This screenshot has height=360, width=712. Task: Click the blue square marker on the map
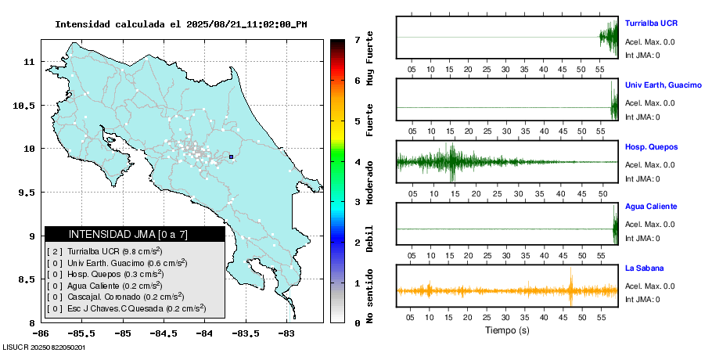click(232, 157)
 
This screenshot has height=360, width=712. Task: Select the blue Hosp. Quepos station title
click(651, 146)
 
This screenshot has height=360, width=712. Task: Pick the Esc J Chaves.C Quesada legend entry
click(125, 309)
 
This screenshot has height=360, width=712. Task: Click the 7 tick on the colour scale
click(356, 39)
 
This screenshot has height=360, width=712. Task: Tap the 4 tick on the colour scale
click(356, 162)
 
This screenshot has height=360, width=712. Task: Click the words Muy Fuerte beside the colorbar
click(370, 59)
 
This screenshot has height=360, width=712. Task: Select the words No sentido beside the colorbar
click(370, 297)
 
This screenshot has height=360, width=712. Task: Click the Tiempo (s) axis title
click(507, 330)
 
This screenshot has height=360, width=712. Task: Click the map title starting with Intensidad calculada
click(181, 24)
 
